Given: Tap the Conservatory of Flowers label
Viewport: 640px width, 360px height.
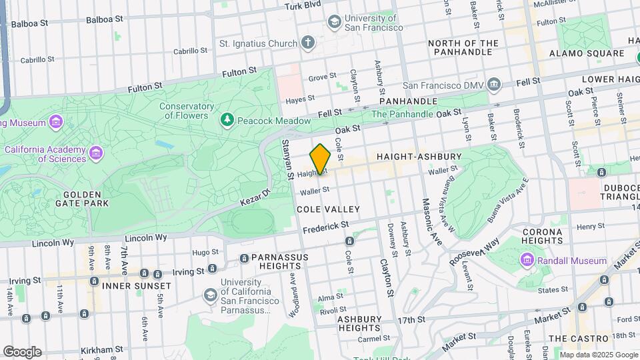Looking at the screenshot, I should [191, 111].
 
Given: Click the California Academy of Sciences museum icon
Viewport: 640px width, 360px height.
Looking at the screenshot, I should [97, 154].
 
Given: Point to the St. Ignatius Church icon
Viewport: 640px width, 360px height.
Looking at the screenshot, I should [307, 43].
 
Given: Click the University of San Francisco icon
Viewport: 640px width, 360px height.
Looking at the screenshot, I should [333, 23].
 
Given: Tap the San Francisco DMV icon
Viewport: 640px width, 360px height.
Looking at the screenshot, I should [494, 85].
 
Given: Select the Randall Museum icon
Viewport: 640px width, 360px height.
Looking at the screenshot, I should [527, 260].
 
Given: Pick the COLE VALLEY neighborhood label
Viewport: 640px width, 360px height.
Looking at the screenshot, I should [328, 209].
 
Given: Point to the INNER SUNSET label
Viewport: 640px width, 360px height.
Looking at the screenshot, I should [137, 286].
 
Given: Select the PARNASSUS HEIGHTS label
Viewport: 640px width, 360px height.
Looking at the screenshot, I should [275, 263].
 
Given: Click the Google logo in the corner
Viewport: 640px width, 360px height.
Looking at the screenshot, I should [22, 351].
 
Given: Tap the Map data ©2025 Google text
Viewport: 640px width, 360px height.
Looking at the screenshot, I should [598, 355].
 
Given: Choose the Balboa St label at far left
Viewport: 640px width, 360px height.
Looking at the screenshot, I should [30, 23].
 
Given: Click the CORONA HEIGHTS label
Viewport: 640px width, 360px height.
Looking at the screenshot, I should [544, 237].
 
